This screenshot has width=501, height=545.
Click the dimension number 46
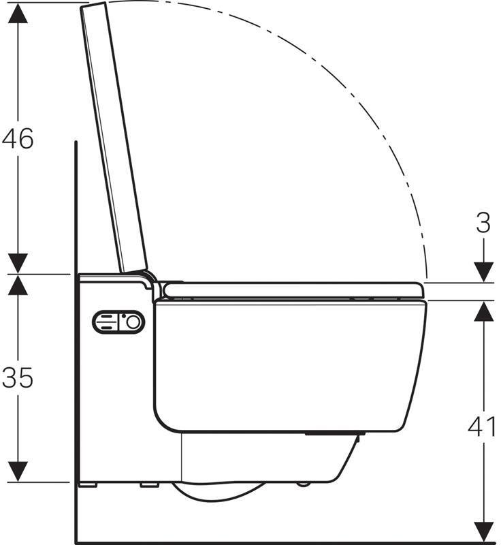(18, 138)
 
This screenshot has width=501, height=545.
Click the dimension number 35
(18, 377)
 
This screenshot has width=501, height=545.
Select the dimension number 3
(483, 223)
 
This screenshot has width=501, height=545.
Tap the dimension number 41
(482, 426)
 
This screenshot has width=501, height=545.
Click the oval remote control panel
(118, 322)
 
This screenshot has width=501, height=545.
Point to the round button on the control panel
(133, 322)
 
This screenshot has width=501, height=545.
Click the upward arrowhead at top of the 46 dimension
(18, 14)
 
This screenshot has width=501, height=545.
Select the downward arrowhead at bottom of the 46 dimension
(18, 263)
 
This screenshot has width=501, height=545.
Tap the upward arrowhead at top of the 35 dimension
(18, 285)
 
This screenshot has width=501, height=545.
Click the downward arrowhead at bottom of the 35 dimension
(18, 471)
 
